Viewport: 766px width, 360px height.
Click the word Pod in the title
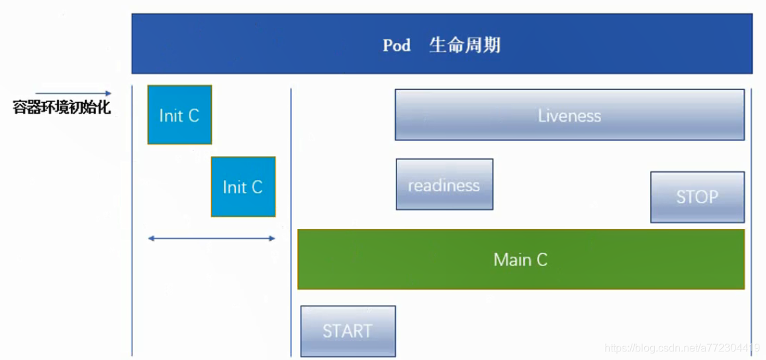pos(397,46)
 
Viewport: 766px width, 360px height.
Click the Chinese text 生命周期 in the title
pos(464,46)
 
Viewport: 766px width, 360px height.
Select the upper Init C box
pos(179,114)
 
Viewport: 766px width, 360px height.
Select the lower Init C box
pos(243,187)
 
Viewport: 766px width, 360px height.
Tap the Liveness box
pos(569,114)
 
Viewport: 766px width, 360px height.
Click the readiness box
pos(444,184)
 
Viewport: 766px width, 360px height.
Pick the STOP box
pos(697,197)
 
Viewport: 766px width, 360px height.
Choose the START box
pos(348,331)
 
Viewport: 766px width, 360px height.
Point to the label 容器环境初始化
pos(62,107)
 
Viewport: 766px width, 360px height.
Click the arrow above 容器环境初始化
pos(73,94)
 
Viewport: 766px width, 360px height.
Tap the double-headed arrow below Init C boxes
pos(211,238)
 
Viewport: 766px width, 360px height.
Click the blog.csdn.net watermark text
pos(682,348)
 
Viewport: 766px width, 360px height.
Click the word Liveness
pos(569,116)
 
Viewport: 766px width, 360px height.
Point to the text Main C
pos(520,259)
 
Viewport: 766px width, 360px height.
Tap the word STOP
pos(697,197)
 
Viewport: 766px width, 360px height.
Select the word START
pos(348,331)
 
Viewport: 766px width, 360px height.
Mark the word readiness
pos(444,185)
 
